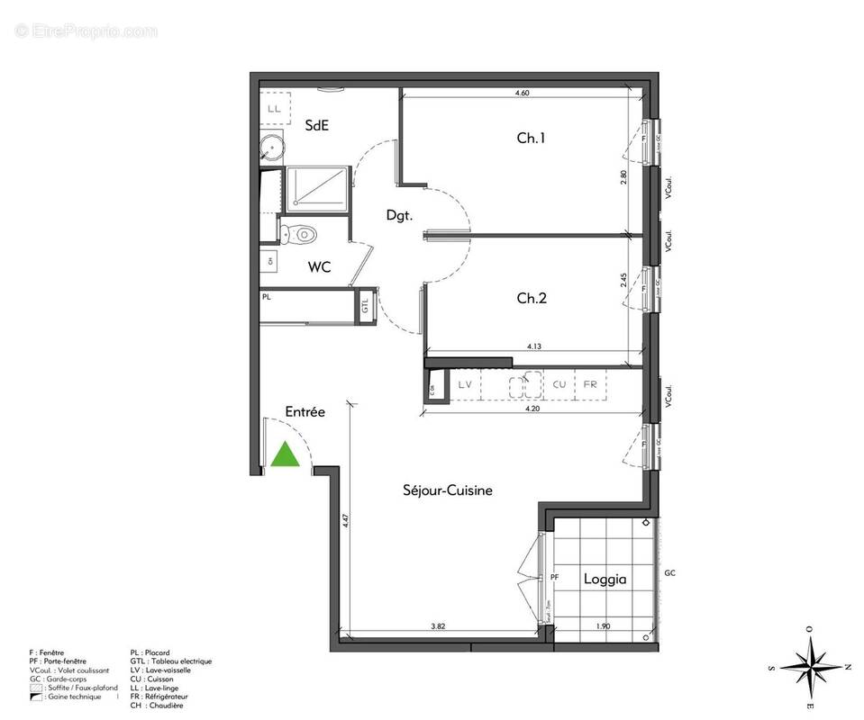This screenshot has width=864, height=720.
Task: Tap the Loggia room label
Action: click(x=604, y=579)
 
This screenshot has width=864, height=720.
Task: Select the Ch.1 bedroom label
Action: click(x=531, y=139)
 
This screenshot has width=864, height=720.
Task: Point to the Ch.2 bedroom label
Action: click(x=531, y=299)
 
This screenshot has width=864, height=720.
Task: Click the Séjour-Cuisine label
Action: click(x=447, y=490)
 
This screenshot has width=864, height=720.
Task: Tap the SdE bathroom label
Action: click(x=316, y=126)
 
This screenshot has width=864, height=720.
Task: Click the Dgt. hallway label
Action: click(x=399, y=215)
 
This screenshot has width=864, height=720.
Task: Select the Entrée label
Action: click(x=305, y=411)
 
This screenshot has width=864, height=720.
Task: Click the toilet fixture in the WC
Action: click(x=300, y=235)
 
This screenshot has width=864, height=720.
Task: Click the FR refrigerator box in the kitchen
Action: click(x=590, y=384)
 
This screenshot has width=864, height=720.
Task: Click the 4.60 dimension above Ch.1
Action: click(x=522, y=93)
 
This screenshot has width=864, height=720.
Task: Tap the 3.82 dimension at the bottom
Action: click(x=439, y=625)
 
